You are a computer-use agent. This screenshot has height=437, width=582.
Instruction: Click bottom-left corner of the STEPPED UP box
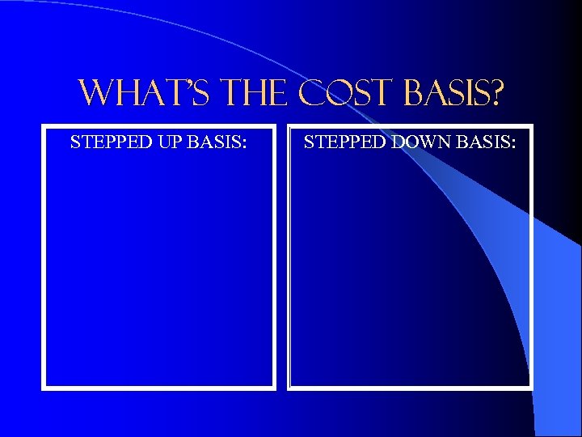click(x=44, y=388)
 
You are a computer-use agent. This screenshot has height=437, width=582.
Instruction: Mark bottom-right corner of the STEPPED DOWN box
click(x=531, y=388)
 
